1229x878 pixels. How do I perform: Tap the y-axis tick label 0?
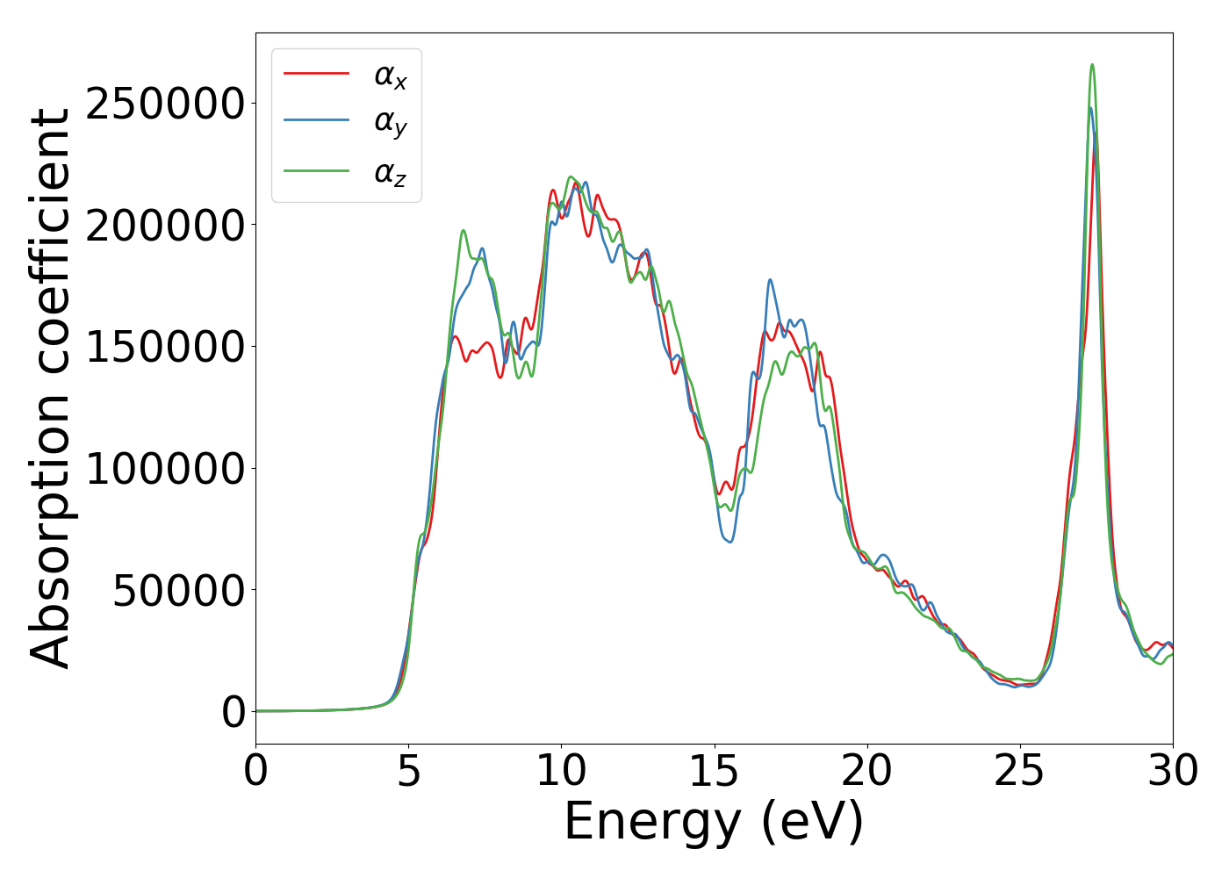click(234, 712)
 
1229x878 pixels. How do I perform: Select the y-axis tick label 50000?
click(178, 591)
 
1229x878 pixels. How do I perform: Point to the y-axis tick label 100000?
click(165, 469)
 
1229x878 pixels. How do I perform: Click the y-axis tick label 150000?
click(165, 347)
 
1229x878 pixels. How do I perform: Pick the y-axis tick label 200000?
click(165, 226)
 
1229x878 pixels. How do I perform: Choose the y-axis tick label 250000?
click(165, 104)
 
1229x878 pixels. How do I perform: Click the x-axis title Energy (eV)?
click(714, 823)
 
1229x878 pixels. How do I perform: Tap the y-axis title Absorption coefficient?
click(50, 388)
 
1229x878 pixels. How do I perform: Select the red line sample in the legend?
click(316, 74)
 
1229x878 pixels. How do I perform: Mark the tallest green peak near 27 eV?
click(1092, 65)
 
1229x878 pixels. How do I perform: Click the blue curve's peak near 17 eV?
click(770, 280)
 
